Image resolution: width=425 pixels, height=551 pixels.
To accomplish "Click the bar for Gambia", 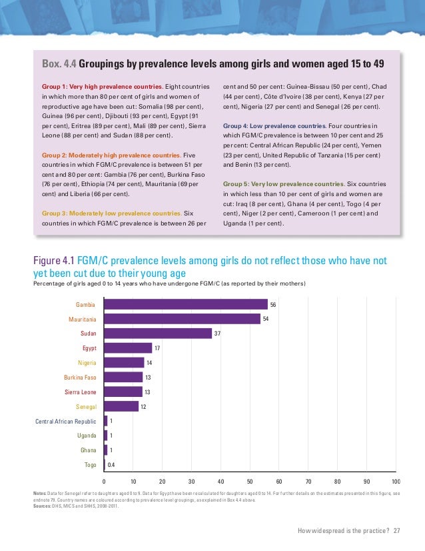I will click(x=186, y=304).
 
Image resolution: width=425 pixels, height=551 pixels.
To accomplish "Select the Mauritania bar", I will click(x=182, y=319).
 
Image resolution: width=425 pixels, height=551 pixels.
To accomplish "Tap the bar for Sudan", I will click(x=158, y=334).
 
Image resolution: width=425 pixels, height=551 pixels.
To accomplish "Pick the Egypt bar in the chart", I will click(x=128, y=348).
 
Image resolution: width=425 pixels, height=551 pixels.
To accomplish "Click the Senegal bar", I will click(x=121, y=406).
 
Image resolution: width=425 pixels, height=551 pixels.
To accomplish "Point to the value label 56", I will click(x=273, y=304).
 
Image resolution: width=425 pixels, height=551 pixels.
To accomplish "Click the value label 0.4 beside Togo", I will click(x=112, y=464).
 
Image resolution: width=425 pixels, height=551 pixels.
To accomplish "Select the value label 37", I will click(x=217, y=334).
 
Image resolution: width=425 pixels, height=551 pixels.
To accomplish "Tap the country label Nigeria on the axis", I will click(x=87, y=363).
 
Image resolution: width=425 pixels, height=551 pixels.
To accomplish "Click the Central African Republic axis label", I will click(x=66, y=421).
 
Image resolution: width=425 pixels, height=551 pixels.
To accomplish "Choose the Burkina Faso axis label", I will click(x=80, y=378).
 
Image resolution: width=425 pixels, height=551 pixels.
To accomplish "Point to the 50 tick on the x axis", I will click(x=250, y=481).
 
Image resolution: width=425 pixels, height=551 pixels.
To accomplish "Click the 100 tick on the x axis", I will click(x=395, y=481).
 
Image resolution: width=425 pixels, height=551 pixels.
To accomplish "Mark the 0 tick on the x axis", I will click(x=105, y=481).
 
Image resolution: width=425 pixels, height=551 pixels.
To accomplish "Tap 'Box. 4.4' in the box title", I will click(x=59, y=64).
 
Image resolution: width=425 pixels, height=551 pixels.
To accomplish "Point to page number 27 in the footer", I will click(x=398, y=530).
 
